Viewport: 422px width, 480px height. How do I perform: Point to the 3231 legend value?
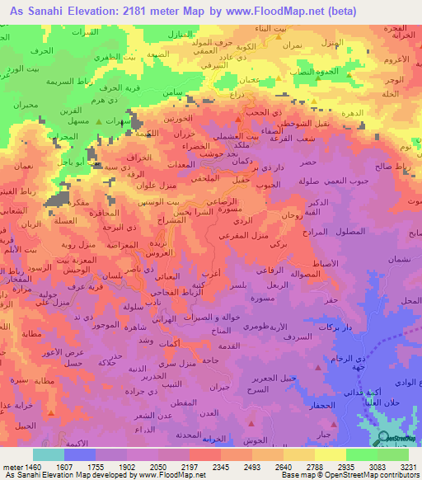pos(406,466)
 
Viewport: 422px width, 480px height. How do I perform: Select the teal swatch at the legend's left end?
pos(49,454)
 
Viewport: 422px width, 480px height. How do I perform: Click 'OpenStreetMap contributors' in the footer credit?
pos(372,475)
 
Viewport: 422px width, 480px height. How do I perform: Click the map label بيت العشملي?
pos(241,136)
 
